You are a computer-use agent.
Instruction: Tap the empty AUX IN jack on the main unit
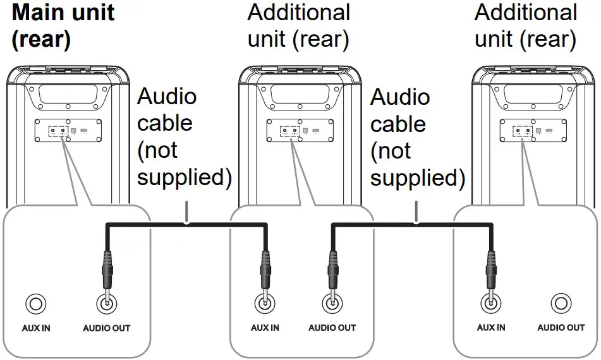click(35, 304)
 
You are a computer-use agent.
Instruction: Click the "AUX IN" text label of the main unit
click(35, 328)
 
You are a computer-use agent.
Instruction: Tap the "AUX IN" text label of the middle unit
click(264, 328)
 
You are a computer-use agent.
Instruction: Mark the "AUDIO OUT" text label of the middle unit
click(332, 328)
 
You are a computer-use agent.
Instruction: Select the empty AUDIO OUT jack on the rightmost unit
click(561, 304)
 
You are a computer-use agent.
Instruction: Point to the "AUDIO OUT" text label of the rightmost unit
click(561, 328)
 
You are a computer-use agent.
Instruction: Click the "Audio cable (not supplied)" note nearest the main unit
click(183, 137)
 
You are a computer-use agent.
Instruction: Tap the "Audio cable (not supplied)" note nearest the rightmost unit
click(416, 137)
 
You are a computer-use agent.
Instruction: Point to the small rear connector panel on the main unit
click(64, 131)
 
